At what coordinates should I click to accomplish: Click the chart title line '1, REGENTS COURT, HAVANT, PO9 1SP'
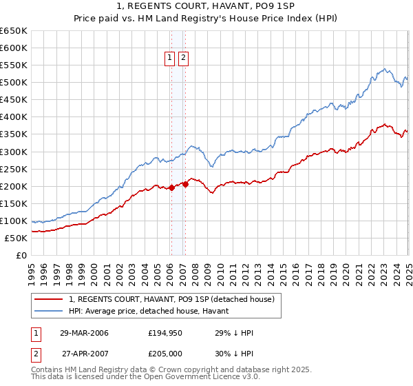click(206, 6)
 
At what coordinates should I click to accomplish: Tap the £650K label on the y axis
click(14, 31)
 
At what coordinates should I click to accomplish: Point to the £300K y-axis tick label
click(14, 152)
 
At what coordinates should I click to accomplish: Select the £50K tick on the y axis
click(17, 238)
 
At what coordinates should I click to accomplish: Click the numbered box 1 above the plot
click(169, 59)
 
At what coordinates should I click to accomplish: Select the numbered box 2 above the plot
click(183, 59)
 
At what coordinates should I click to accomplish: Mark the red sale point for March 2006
click(171, 187)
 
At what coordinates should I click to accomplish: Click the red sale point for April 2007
click(185, 184)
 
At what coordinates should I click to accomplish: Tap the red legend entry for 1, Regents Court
click(171, 299)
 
